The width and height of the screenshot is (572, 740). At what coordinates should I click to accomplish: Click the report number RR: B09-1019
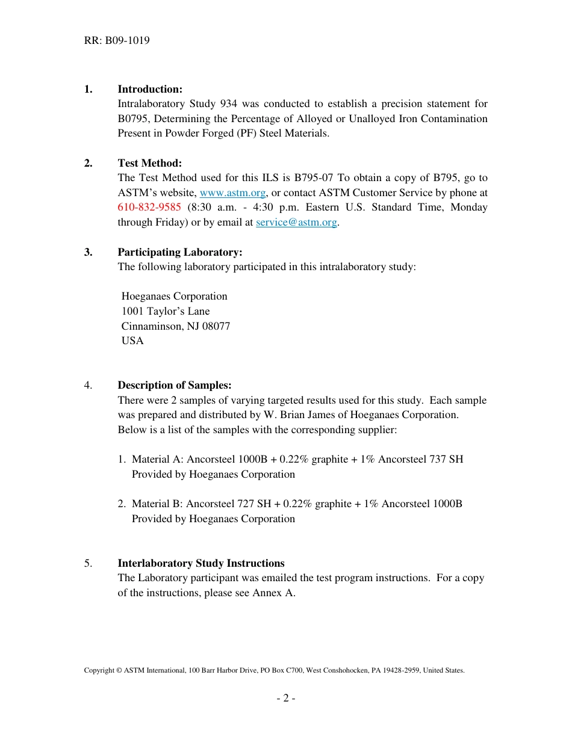tap(117, 41)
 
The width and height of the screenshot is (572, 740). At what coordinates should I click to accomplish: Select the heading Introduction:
tap(150, 89)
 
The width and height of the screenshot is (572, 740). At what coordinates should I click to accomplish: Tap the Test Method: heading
tap(149, 163)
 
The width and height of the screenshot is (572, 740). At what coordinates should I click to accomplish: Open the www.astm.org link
tap(232, 193)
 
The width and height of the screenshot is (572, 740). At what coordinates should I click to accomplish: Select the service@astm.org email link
tap(296, 222)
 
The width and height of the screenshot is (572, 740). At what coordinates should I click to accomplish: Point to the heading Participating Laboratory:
tap(180, 252)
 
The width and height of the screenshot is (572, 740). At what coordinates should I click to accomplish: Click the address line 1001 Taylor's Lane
tap(166, 311)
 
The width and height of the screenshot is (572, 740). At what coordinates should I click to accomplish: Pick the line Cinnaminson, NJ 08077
tap(176, 326)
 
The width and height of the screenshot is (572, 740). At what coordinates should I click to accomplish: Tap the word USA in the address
tap(132, 341)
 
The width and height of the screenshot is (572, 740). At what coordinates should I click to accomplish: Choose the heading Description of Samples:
tap(175, 385)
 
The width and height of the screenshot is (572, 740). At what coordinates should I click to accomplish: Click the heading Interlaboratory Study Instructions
tap(201, 563)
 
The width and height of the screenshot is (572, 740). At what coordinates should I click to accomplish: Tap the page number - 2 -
tap(285, 698)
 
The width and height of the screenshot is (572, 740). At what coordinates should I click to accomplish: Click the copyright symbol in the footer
tap(119, 670)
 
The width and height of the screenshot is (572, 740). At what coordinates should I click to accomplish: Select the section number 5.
tap(88, 563)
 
